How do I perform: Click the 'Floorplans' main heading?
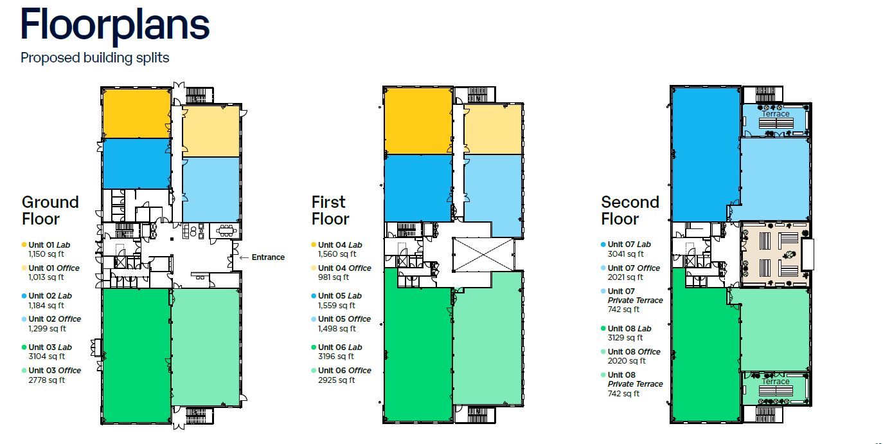(x=114, y=26)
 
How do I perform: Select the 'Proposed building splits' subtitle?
(x=94, y=58)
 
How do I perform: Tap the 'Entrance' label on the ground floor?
(x=268, y=257)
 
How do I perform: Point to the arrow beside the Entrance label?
(x=244, y=258)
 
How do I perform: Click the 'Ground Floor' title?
(x=50, y=210)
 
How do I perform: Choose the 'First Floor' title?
(x=330, y=210)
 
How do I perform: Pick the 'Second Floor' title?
(x=630, y=210)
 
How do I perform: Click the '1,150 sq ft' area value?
(x=46, y=254)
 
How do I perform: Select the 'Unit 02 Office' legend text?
(x=55, y=319)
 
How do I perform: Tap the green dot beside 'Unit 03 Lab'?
(x=24, y=347)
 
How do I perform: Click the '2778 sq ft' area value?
(x=46, y=380)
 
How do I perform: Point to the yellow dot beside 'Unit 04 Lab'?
(x=314, y=245)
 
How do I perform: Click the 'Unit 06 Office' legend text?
(x=344, y=371)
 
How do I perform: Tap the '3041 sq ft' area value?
(x=625, y=254)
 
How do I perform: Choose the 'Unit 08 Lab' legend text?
(x=630, y=328)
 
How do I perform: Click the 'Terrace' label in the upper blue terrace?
(x=776, y=114)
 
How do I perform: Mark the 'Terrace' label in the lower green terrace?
(x=776, y=381)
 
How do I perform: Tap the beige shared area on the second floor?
(x=775, y=254)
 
